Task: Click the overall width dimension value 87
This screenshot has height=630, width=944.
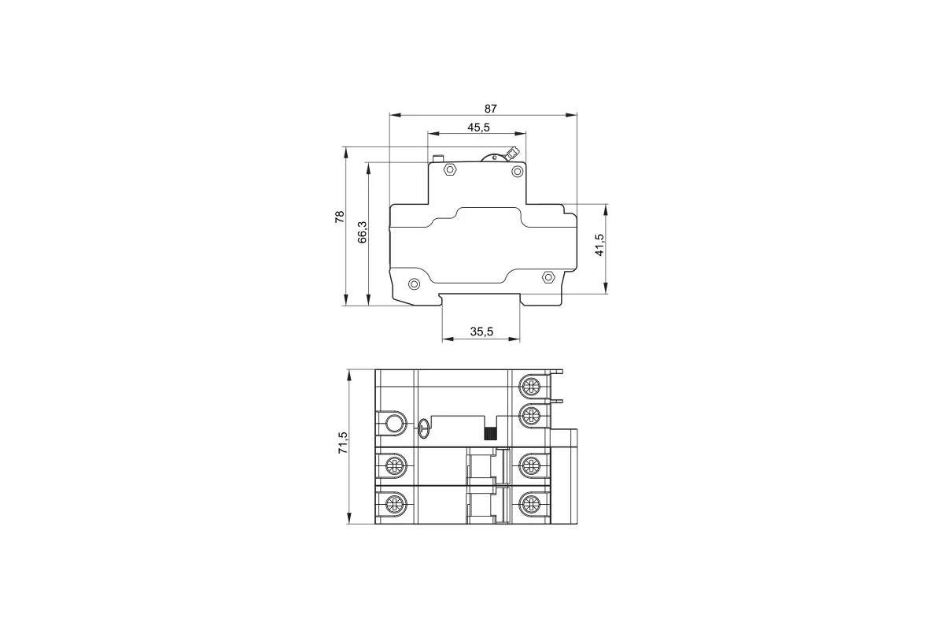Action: click(490, 109)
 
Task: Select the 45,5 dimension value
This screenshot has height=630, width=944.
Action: click(478, 128)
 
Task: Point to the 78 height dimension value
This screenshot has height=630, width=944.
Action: click(340, 217)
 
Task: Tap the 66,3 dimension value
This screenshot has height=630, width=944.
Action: click(363, 232)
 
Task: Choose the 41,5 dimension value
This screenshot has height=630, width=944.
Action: click(599, 245)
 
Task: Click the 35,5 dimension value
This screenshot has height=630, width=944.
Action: click(481, 332)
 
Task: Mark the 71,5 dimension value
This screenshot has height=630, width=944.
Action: click(343, 443)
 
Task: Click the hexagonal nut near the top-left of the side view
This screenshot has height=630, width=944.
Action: click(450, 169)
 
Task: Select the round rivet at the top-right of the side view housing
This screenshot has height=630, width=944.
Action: click(517, 172)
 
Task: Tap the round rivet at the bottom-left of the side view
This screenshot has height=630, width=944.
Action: click(415, 284)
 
